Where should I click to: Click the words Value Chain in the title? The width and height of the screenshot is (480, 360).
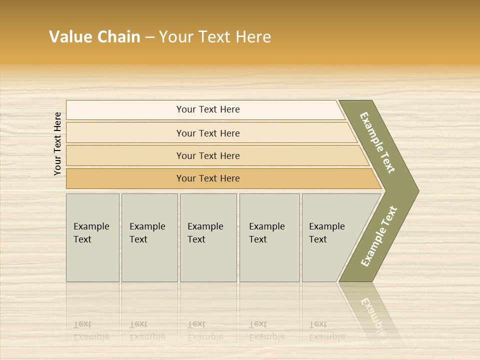tap(94, 37)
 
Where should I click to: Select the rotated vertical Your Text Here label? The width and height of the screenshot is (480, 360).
tap(57, 143)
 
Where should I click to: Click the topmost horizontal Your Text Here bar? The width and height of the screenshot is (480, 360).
tap(208, 109)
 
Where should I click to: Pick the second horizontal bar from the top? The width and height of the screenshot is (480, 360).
tap(208, 133)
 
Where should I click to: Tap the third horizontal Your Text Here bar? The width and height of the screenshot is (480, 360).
tap(208, 155)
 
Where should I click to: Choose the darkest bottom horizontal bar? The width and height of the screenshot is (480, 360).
tap(208, 178)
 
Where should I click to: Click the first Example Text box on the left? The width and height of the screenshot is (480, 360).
tap(92, 237)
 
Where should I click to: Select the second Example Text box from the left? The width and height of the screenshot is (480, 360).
tap(149, 237)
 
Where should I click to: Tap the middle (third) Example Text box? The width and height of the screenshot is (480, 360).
tap(208, 237)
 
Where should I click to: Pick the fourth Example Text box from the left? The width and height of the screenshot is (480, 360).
tap(269, 237)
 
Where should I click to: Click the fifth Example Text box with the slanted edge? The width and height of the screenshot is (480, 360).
tap(330, 237)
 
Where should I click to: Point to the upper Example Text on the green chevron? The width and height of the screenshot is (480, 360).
tap(377, 143)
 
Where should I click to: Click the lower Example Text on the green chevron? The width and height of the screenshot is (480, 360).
tap(379, 236)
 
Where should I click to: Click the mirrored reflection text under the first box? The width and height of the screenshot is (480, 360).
tap(91, 330)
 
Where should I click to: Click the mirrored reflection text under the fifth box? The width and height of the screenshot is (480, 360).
tap(326, 330)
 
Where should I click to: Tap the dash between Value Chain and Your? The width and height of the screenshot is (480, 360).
tap(149, 37)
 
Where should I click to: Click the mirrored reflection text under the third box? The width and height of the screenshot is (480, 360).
tap(205, 330)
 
